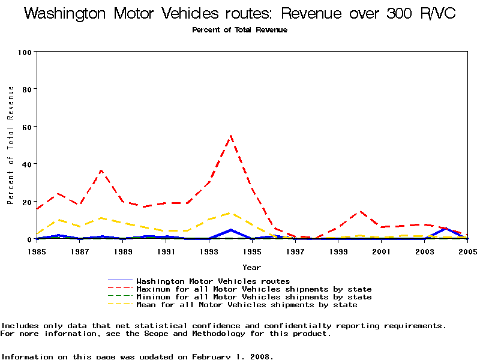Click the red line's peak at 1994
click(x=230, y=136)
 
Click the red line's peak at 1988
click(x=101, y=170)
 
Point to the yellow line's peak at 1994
click(x=230, y=213)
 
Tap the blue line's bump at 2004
click(x=445, y=229)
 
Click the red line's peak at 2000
click(x=359, y=211)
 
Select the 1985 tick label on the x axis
click(x=37, y=251)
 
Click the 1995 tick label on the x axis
click(x=252, y=251)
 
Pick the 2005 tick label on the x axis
click(x=467, y=251)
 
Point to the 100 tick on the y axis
click(x=25, y=52)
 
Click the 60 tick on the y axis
click(x=26, y=127)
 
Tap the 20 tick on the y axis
click(x=26, y=202)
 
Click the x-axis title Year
click(x=251, y=267)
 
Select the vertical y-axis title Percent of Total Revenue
click(x=11, y=145)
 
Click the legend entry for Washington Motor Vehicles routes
click(x=213, y=281)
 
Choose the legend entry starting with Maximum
click(x=254, y=289)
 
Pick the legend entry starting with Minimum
click(x=254, y=297)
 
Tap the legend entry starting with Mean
click(x=247, y=305)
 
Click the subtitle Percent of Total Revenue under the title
click(x=239, y=30)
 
